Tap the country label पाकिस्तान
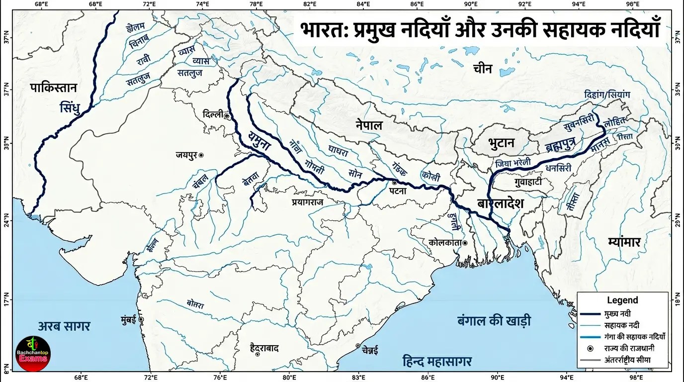(x=53, y=89)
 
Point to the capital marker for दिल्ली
(x=227, y=116)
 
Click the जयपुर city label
(x=186, y=155)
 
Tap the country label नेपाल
(x=368, y=125)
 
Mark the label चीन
(x=482, y=69)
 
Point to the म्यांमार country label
(x=624, y=242)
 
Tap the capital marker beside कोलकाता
(x=465, y=243)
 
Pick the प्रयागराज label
(x=314, y=202)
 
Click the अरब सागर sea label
(x=64, y=326)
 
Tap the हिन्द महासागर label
(x=437, y=361)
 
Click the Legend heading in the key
(x=622, y=300)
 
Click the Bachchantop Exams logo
(x=33, y=354)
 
